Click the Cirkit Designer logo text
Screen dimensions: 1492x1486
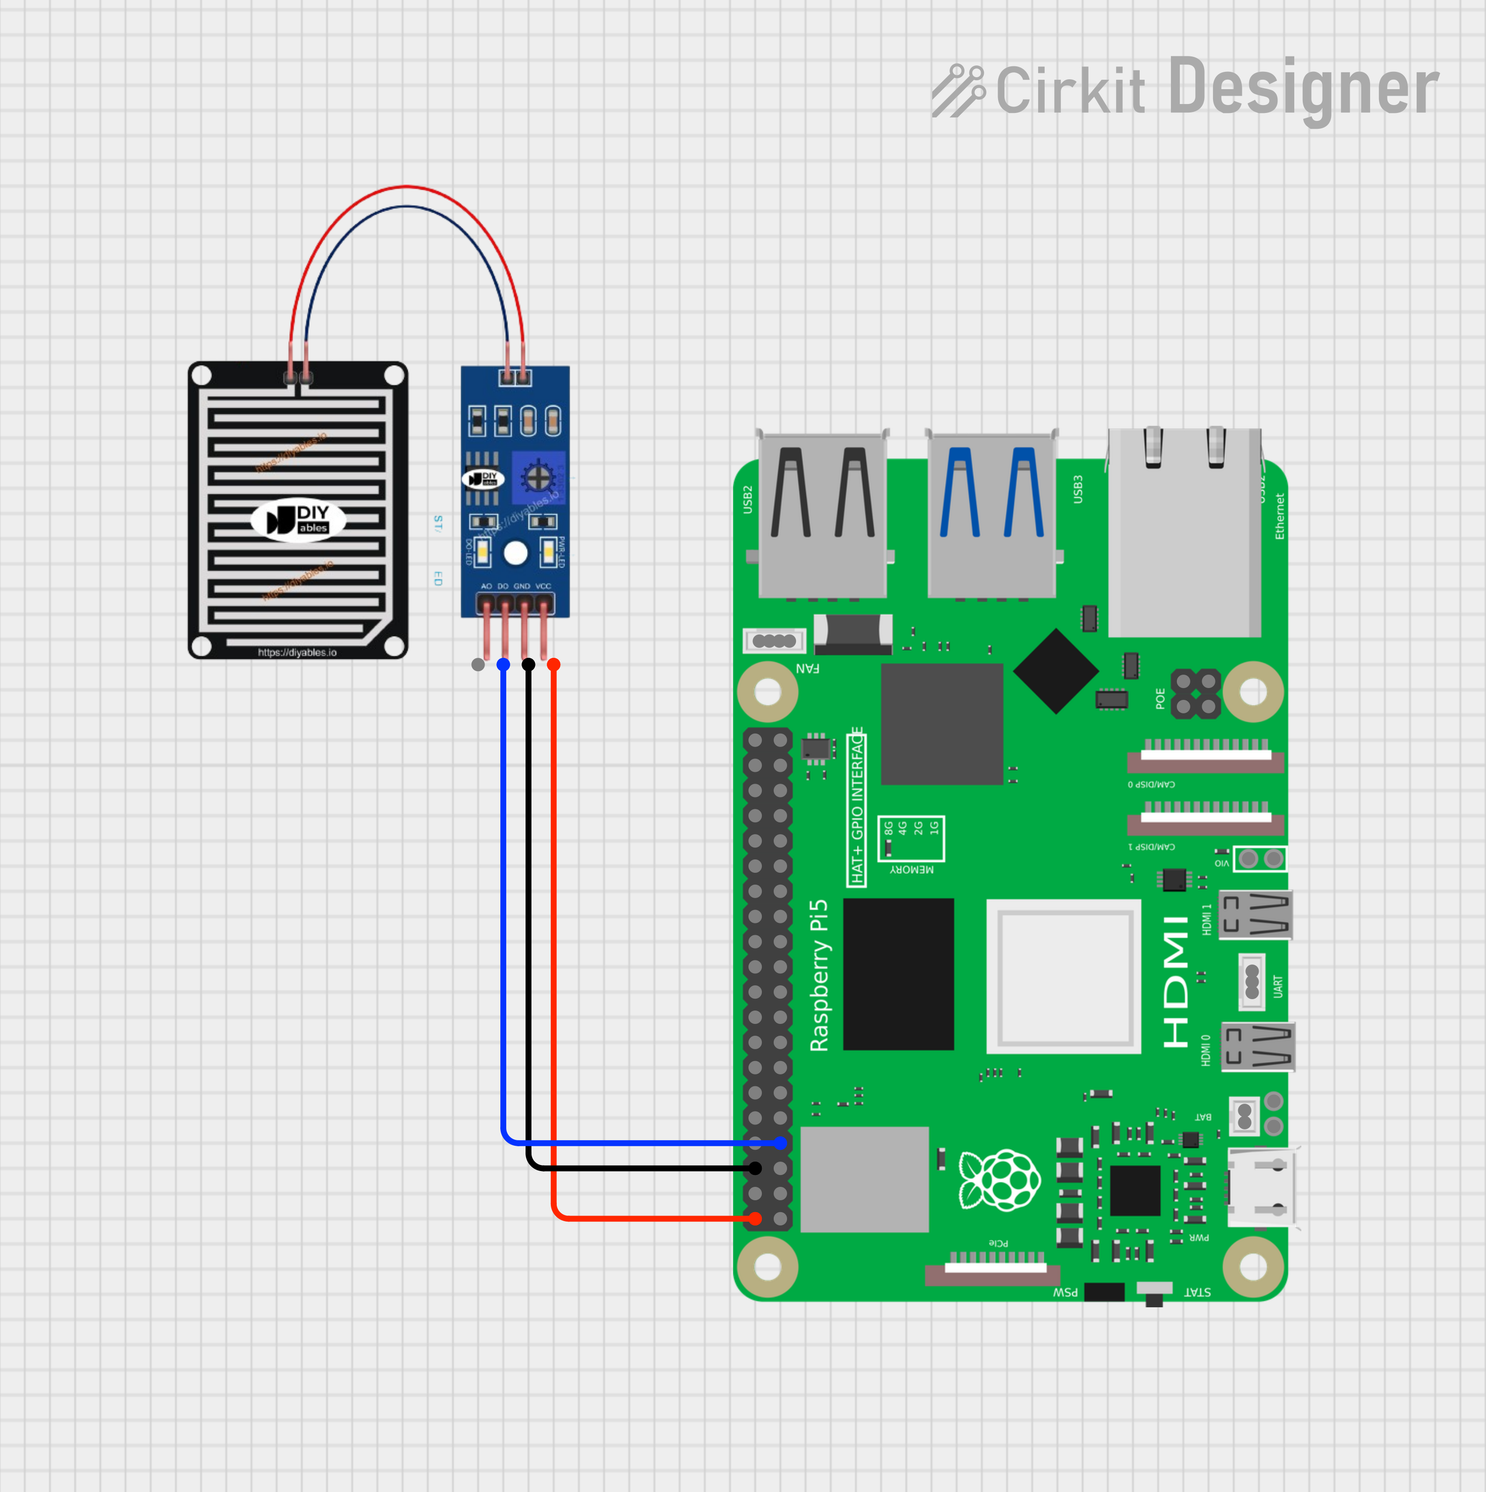pyautogui.click(x=1185, y=88)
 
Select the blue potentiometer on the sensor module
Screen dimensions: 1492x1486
pyautogui.click(x=537, y=477)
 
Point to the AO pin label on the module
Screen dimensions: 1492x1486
pyautogui.click(x=486, y=586)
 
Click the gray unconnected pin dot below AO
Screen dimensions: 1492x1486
pyautogui.click(x=478, y=664)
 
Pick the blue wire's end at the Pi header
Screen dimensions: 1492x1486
pyautogui.click(x=780, y=1143)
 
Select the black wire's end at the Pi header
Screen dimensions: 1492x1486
pyautogui.click(x=755, y=1169)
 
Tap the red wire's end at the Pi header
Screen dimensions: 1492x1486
pyautogui.click(x=755, y=1219)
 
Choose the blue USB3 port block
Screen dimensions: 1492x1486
pyautogui.click(x=992, y=514)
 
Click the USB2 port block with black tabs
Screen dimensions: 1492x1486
pyautogui.click(x=823, y=514)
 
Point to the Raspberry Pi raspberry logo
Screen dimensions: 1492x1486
pyautogui.click(x=1000, y=1179)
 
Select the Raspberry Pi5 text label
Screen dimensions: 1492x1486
pyautogui.click(x=819, y=975)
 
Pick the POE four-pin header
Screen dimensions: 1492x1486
pyautogui.click(x=1196, y=693)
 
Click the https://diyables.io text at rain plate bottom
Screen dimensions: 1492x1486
pyautogui.click(x=297, y=652)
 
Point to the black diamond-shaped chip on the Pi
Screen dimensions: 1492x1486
pyautogui.click(x=1056, y=670)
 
